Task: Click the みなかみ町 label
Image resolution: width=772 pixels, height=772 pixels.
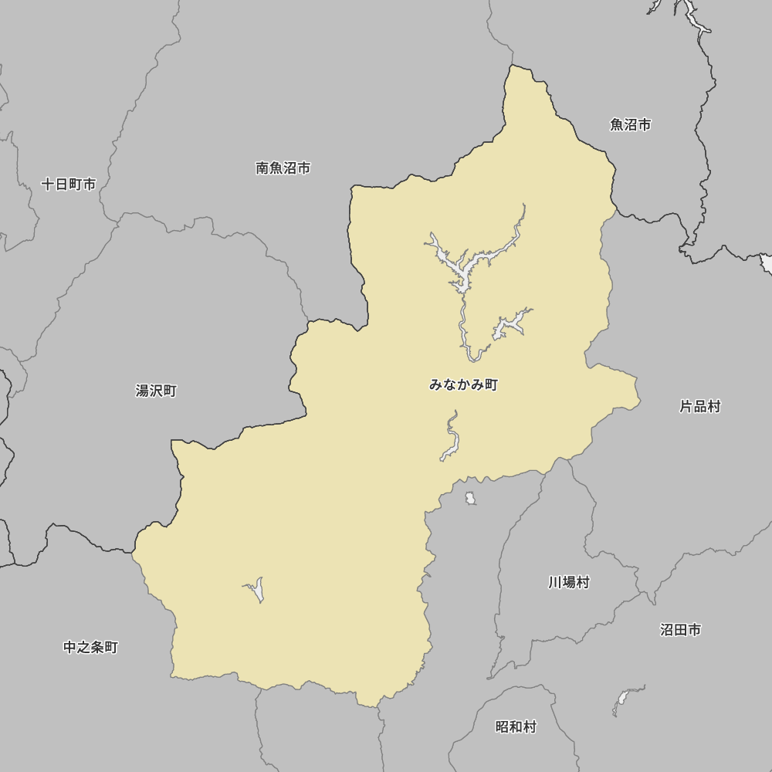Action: coord(463,384)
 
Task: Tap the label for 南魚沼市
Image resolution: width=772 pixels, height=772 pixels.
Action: coord(283,168)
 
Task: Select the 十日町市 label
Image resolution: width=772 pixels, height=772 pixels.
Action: coord(69,185)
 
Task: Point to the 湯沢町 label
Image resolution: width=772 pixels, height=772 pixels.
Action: coord(156,391)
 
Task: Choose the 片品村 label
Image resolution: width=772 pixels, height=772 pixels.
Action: coord(699,406)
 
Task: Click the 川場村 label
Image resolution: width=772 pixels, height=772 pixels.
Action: coord(569,582)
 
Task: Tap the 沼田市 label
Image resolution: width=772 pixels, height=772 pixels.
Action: coord(680,630)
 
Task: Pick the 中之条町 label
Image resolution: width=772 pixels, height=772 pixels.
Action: coord(90,647)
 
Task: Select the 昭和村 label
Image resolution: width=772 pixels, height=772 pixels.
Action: coord(516,726)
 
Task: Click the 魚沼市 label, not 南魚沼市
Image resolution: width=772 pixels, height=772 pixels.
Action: coord(630,124)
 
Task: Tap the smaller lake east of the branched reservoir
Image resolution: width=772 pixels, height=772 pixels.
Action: coord(510,324)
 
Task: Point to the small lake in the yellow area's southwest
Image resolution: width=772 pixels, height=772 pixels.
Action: coord(258,591)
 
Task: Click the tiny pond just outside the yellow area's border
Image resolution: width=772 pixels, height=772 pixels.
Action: coord(470,499)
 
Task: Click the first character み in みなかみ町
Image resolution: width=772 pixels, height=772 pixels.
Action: coord(435,384)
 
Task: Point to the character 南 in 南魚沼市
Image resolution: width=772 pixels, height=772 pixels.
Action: coord(262,168)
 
